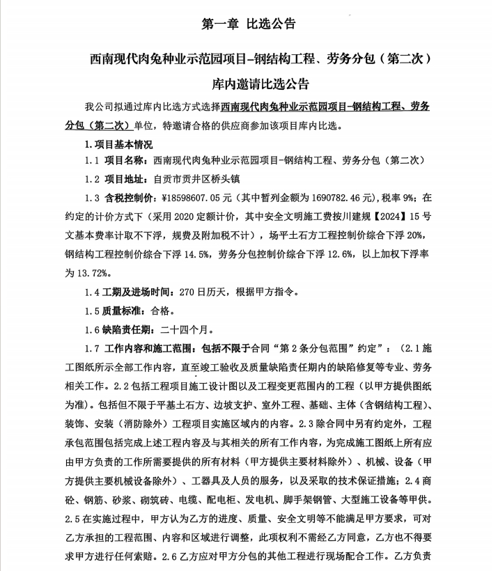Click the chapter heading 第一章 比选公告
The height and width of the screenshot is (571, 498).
coord(249,24)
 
